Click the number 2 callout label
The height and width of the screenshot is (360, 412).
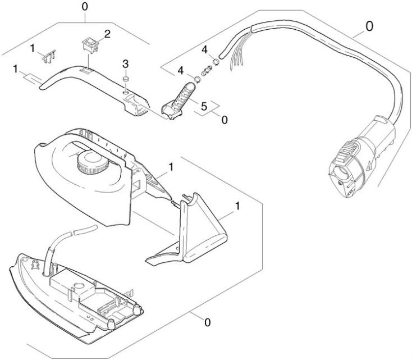107,33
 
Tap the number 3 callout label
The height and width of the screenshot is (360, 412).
126,62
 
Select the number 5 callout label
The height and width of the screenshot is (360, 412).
204,105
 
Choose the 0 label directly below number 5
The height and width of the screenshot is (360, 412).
224,119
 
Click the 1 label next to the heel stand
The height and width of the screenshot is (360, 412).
238,206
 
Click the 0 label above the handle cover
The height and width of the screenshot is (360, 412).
85,7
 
